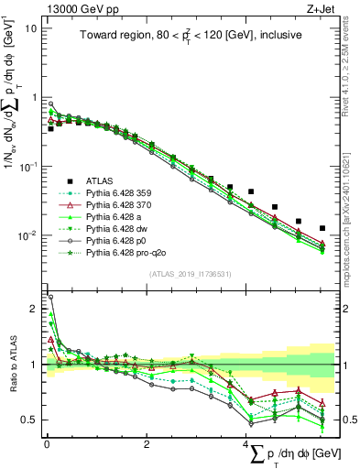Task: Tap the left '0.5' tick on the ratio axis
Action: (x=29, y=420)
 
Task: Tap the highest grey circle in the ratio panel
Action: (x=50, y=297)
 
